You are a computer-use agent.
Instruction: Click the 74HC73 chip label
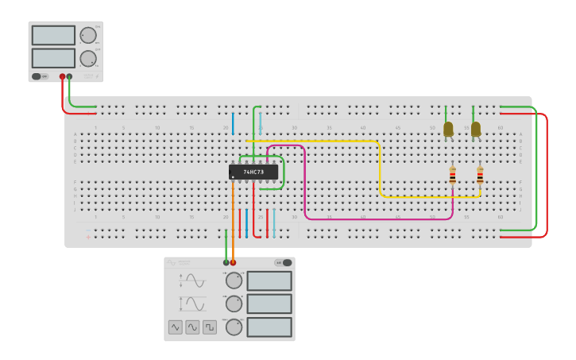point(253,172)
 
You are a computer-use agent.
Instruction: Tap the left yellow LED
point(448,129)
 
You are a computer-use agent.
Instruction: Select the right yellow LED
point(476,129)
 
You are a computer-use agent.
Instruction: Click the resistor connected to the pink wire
point(452,176)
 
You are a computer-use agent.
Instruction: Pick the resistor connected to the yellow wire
point(480,176)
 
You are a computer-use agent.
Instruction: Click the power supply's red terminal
point(62,77)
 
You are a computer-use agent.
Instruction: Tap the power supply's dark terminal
point(70,77)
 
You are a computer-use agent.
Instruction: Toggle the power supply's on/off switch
point(37,76)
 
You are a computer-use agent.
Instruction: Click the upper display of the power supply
point(53,35)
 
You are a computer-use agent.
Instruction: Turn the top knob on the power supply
point(87,35)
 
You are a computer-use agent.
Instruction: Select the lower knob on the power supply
point(87,58)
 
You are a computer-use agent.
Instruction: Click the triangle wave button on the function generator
point(192,327)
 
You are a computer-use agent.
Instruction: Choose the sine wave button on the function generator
point(175,327)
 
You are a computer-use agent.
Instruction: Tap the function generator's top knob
point(234,281)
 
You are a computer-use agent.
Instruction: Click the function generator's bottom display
point(269,327)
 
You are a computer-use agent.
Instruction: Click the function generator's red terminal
point(233,262)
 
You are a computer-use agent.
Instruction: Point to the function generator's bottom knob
point(234,327)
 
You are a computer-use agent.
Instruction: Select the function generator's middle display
point(269,304)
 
